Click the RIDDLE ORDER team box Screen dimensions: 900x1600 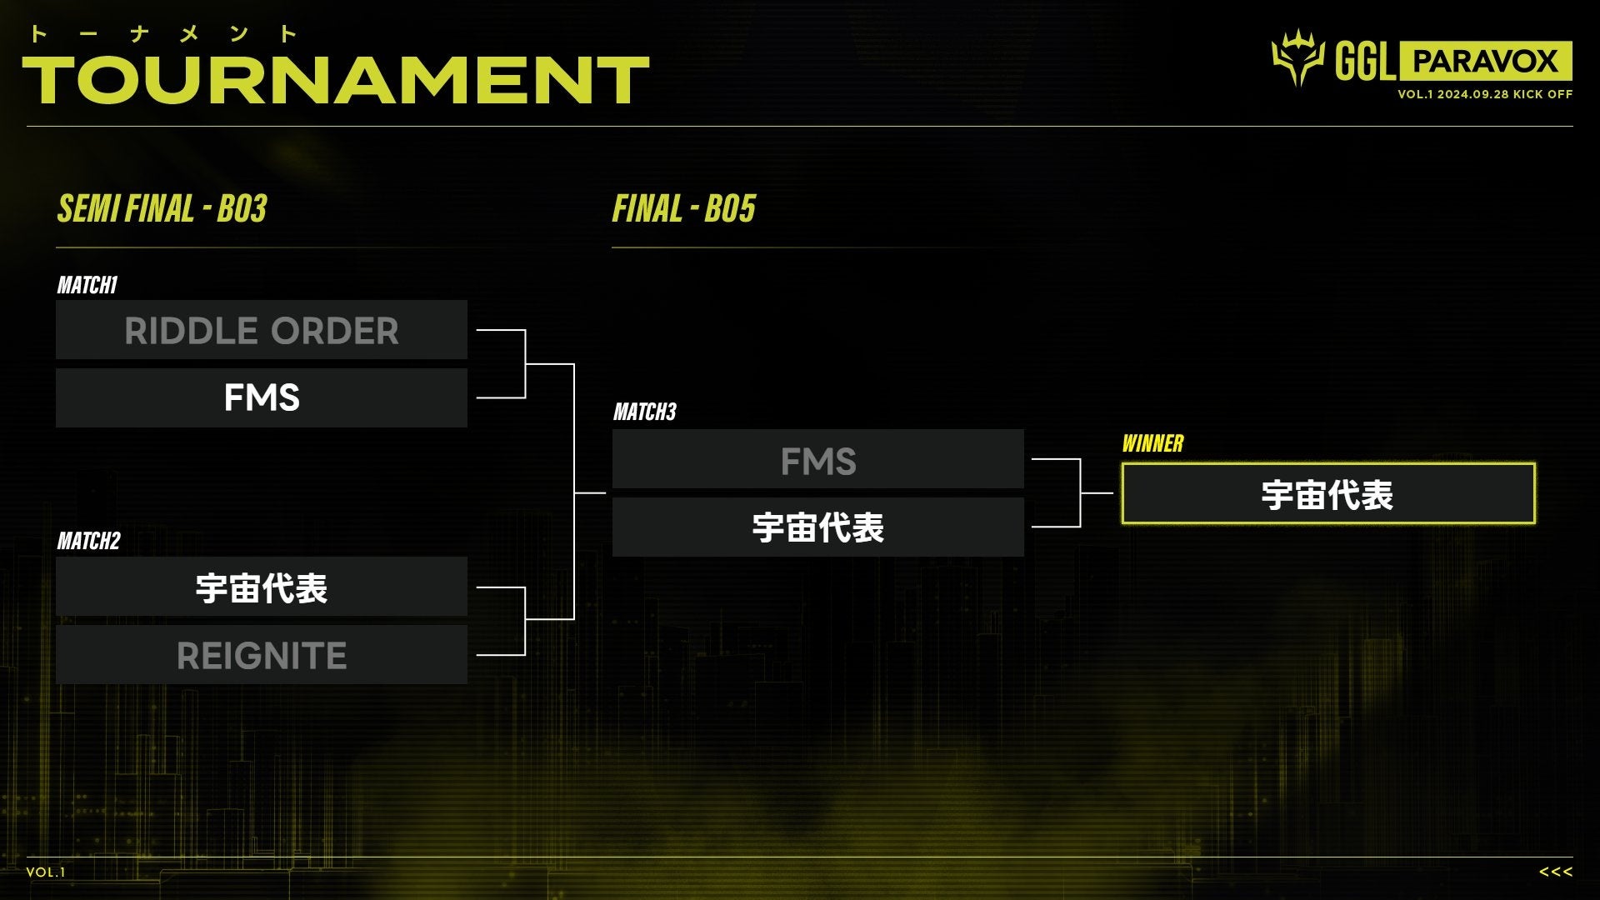[262, 330]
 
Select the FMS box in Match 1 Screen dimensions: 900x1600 [262, 397]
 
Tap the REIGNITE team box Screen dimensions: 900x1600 [262, 655]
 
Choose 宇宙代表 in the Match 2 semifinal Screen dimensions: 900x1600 [262, 587]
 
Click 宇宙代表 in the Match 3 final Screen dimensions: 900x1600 [817, 527]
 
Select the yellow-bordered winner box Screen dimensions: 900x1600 [1327, 493]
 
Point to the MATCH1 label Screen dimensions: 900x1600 [87, 285]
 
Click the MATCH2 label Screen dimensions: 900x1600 [88, 541]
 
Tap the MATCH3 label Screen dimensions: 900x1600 [645, 412]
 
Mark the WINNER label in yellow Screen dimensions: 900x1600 [1152, 443]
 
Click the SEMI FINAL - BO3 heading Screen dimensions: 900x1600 [162, 208]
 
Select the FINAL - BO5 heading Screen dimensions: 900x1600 [683, 208]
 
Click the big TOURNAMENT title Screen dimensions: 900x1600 [336, 80]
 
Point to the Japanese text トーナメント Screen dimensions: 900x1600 [162, 34]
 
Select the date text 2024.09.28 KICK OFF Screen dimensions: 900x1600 [1504, 94]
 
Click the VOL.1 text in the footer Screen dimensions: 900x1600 [46, 872]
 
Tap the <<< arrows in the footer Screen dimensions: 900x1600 [1555, 872]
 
